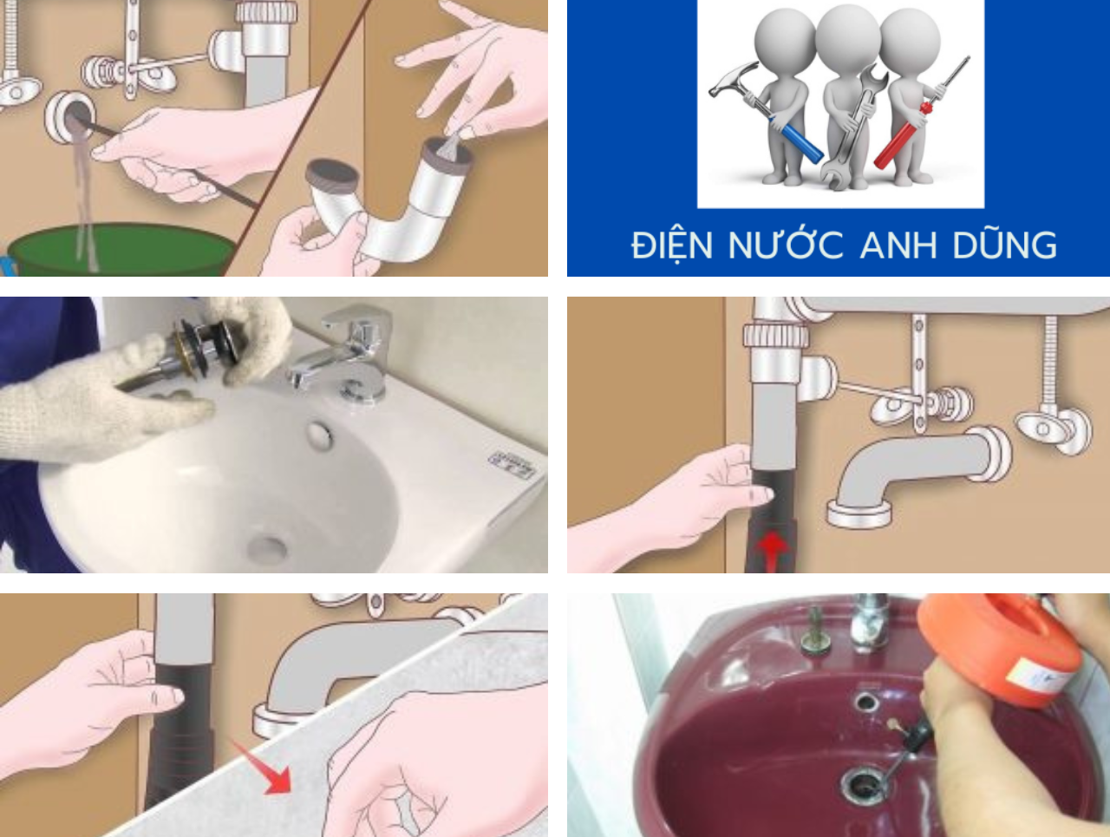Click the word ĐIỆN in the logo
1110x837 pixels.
pos(672,245)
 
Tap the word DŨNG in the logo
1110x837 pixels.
pos(1005,245)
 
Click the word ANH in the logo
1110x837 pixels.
pos(898,245)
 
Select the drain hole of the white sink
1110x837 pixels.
pos(266,547)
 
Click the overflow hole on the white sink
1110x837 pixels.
pos(321,434)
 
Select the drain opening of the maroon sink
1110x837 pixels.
pos(863,785)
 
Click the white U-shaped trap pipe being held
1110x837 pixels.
pos(382,217)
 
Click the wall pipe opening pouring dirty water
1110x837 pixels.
pos(72,115)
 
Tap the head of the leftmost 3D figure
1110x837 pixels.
pos(785,39)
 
